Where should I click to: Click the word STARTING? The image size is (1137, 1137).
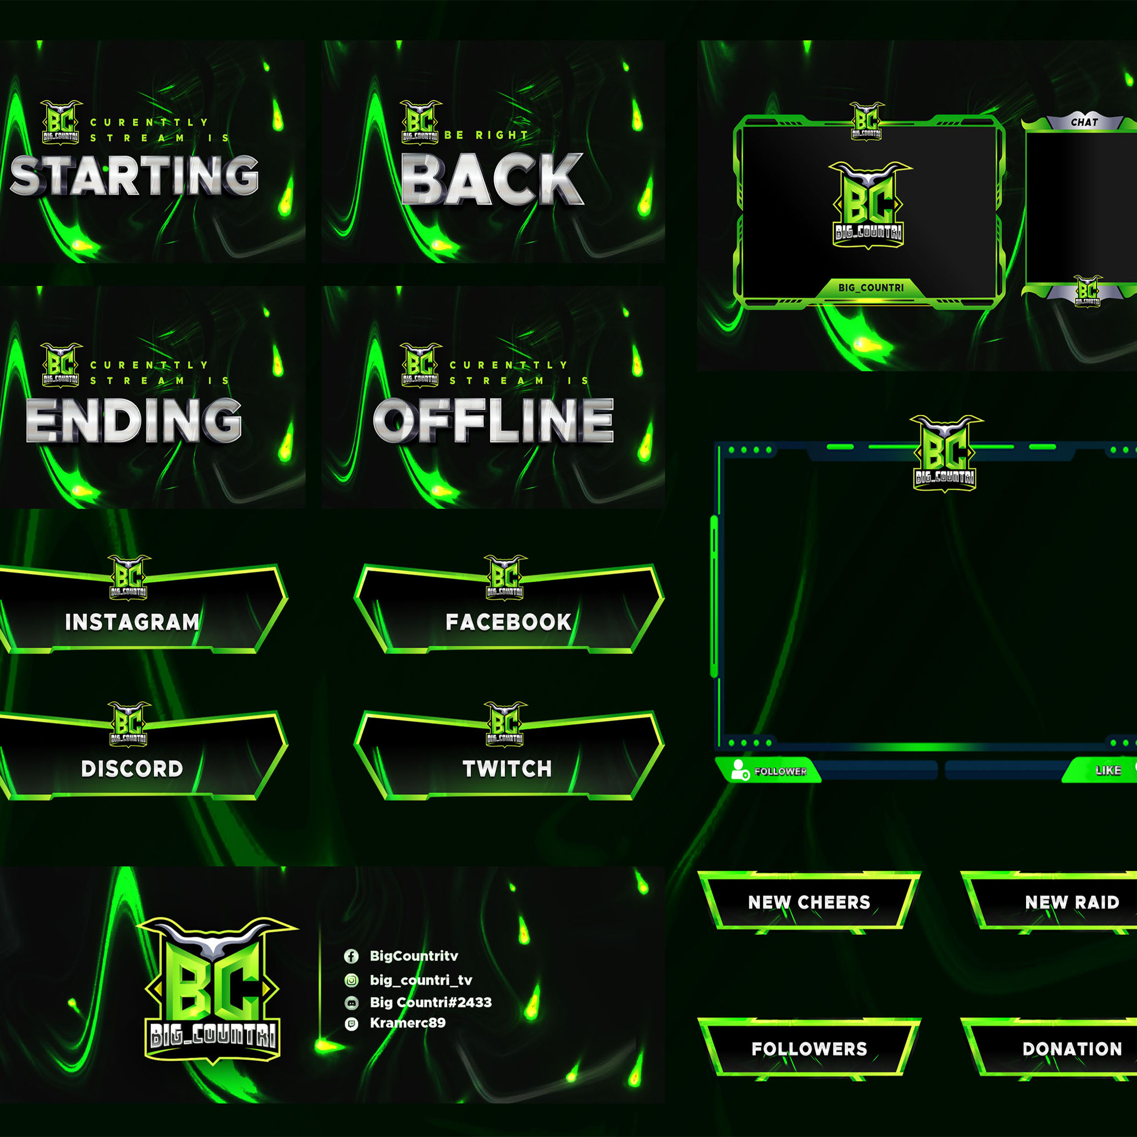click(x=134, y=176)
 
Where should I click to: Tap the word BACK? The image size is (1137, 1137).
click(x=492, y=179)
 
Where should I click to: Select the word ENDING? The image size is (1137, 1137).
click(x=134, y=420)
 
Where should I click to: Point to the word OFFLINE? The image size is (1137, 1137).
click(x=493, y=420)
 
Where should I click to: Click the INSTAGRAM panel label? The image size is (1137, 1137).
click(x=132, y=622)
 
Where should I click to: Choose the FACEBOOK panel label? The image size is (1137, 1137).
click(x=508, y=622)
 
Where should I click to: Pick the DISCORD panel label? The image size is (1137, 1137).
click(x=132, y=769)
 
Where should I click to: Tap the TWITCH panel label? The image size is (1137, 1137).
click(x=507, y=769)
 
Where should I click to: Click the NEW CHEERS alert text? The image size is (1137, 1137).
click(x=809, y=902)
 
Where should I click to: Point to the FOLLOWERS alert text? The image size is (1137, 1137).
click(x=809, y=1049)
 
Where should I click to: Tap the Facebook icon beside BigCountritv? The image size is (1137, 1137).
click(x=352, y=956)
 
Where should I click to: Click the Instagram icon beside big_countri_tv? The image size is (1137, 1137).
click(x=352, y=980)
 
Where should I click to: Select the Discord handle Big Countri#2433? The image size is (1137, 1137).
click(x=431, y=1002)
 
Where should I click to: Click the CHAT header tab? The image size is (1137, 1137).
click(x=1084, y=122)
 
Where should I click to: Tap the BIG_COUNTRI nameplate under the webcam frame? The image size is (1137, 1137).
click(x=871, y=288)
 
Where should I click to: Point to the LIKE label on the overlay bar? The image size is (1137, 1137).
click(x=1108, y=770)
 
